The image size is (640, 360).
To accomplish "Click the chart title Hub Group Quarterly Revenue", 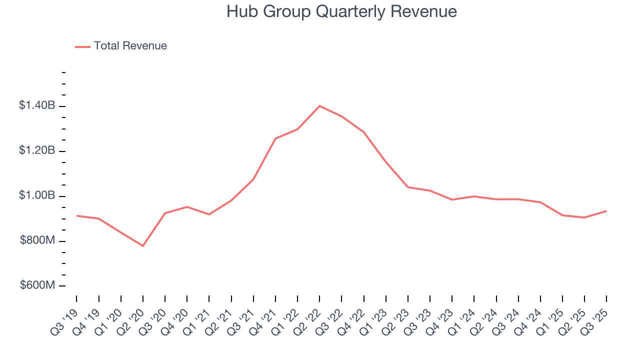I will click(341, 11).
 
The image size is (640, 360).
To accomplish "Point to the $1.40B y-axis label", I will click(37, 106).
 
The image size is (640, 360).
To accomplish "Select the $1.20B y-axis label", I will click(37, 151).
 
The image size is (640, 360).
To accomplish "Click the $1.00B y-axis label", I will click(37, 196).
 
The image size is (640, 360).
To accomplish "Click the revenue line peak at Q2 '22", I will click(319, 106).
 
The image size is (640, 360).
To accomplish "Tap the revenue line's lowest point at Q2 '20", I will click(143, 246).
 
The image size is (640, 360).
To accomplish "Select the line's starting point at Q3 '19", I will click(76, 215).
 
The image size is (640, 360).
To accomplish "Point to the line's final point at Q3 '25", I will click(606, 211).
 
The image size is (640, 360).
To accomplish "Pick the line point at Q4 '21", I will click(275, 138).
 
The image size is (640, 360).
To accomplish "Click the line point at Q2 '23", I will click(408, 187).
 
